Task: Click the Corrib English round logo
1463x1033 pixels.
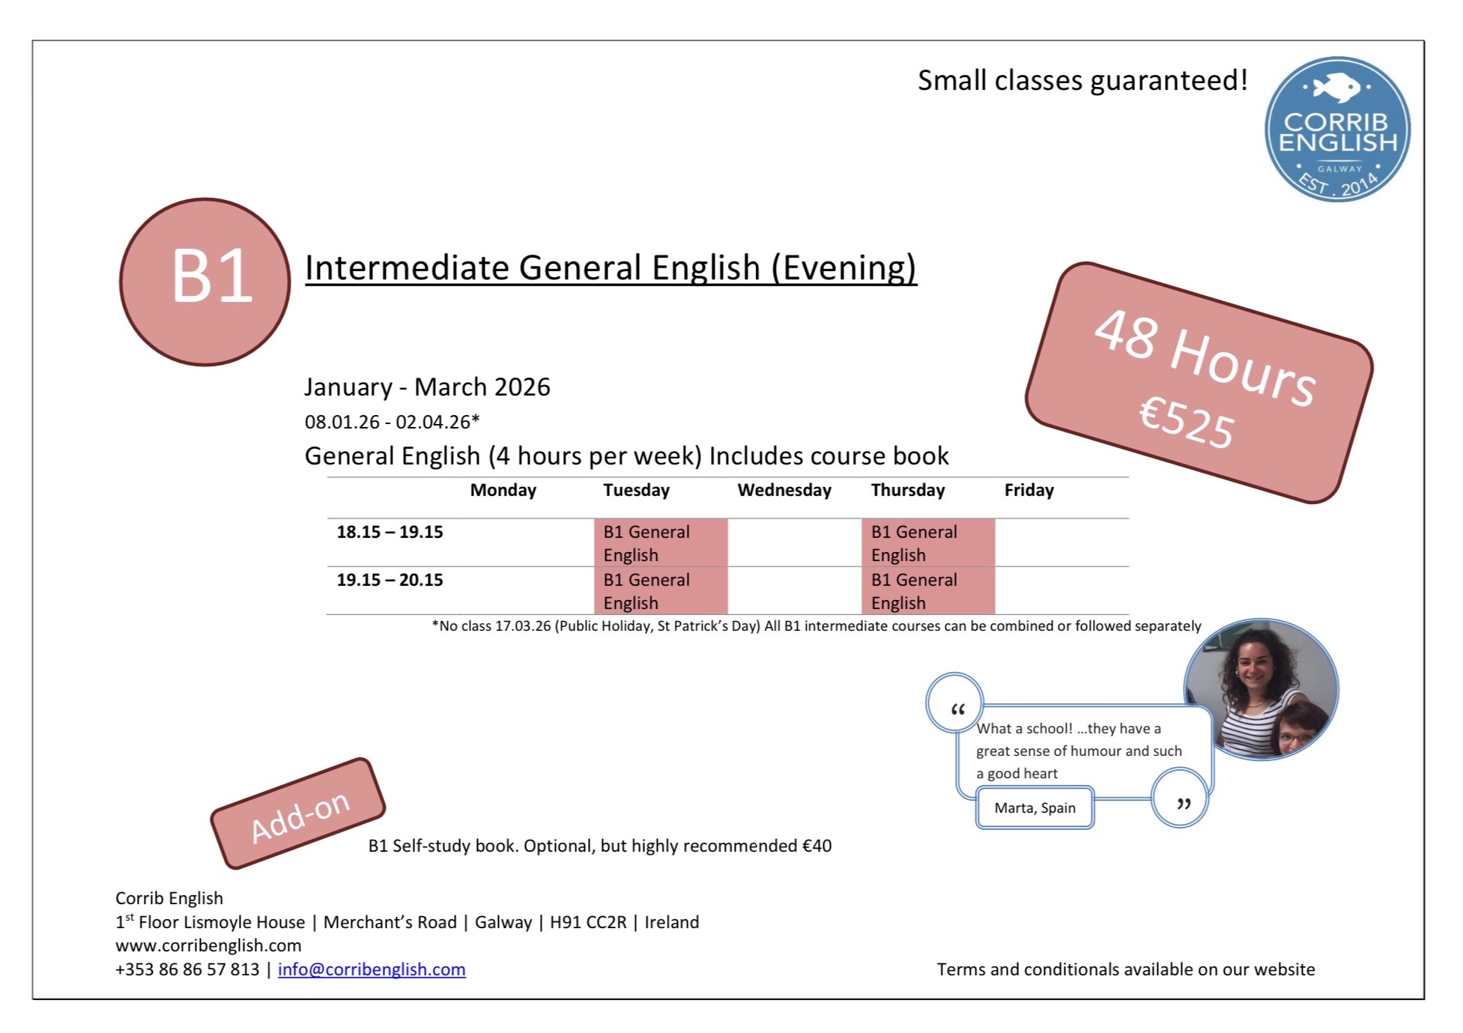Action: (x=1337, y=129)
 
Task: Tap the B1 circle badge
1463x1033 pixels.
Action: (x=205, y=282)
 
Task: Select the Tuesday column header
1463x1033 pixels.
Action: (x=636, y=490)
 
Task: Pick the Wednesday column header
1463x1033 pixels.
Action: (x=784, y=490)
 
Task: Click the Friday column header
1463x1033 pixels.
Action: (x=1029, y=490)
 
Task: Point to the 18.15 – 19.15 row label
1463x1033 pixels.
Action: (x=390, y=532)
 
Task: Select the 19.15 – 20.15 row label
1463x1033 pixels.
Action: (x=390, y=580)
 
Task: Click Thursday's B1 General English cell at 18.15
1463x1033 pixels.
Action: (x=928, y=542)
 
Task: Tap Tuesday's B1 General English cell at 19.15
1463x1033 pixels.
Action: (x=661, y=590)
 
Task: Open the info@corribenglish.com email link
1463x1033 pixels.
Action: (x=372, y=969)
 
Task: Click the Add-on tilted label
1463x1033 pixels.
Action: (x=298, y=814)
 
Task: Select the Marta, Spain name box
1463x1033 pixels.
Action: (x=1035, y=808)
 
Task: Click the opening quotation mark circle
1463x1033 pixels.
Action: (x=955, y=702)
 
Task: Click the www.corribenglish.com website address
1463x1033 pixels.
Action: (x=208, y=945)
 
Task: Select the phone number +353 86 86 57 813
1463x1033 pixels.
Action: (x=187, y=969)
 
